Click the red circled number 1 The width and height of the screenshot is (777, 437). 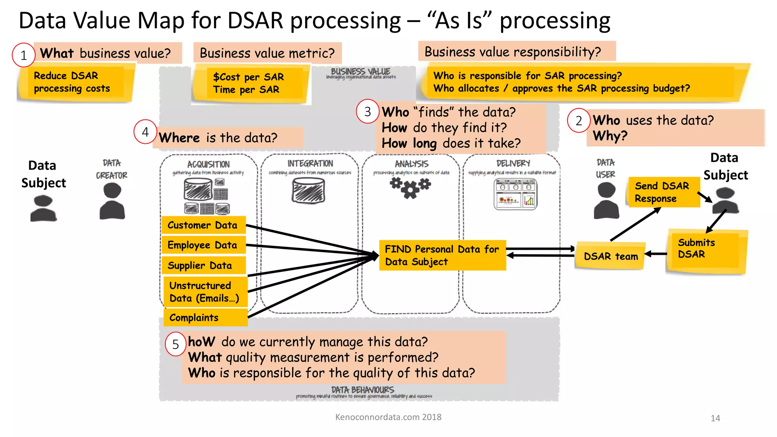click(24, 55)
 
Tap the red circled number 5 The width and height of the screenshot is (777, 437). click(175, 344)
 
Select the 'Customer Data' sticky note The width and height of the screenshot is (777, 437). click(203, 225)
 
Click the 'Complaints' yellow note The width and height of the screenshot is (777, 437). click(205, 318)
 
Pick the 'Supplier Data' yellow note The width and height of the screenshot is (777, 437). click(203, 265)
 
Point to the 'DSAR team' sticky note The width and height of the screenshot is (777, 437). click(610, 256)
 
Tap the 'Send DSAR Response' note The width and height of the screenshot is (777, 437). click(663, 192)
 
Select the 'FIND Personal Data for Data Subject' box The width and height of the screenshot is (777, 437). click(442, 255)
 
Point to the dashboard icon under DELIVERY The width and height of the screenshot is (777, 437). click(515, 194)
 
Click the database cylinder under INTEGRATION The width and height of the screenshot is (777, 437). click(308, 191)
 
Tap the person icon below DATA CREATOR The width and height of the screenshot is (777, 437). click(112, 201)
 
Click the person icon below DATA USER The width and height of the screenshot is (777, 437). click(606, 201)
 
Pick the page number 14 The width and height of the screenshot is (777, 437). click(715, 418)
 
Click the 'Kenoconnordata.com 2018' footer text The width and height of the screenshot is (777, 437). click(388, 417)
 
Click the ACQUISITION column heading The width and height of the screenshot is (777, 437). click(208, 164)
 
